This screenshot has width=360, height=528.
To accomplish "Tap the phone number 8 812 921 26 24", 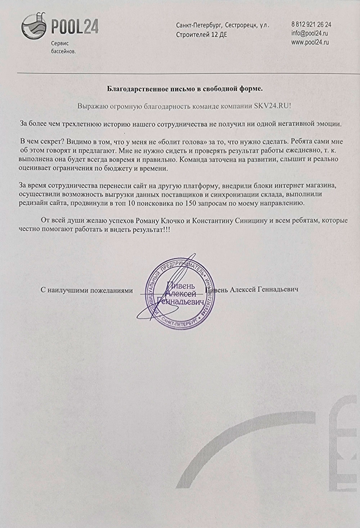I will pyautogui.click(x=311, y=25).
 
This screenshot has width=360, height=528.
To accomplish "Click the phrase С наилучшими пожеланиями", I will pyautogui.click(x=86, y=290).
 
